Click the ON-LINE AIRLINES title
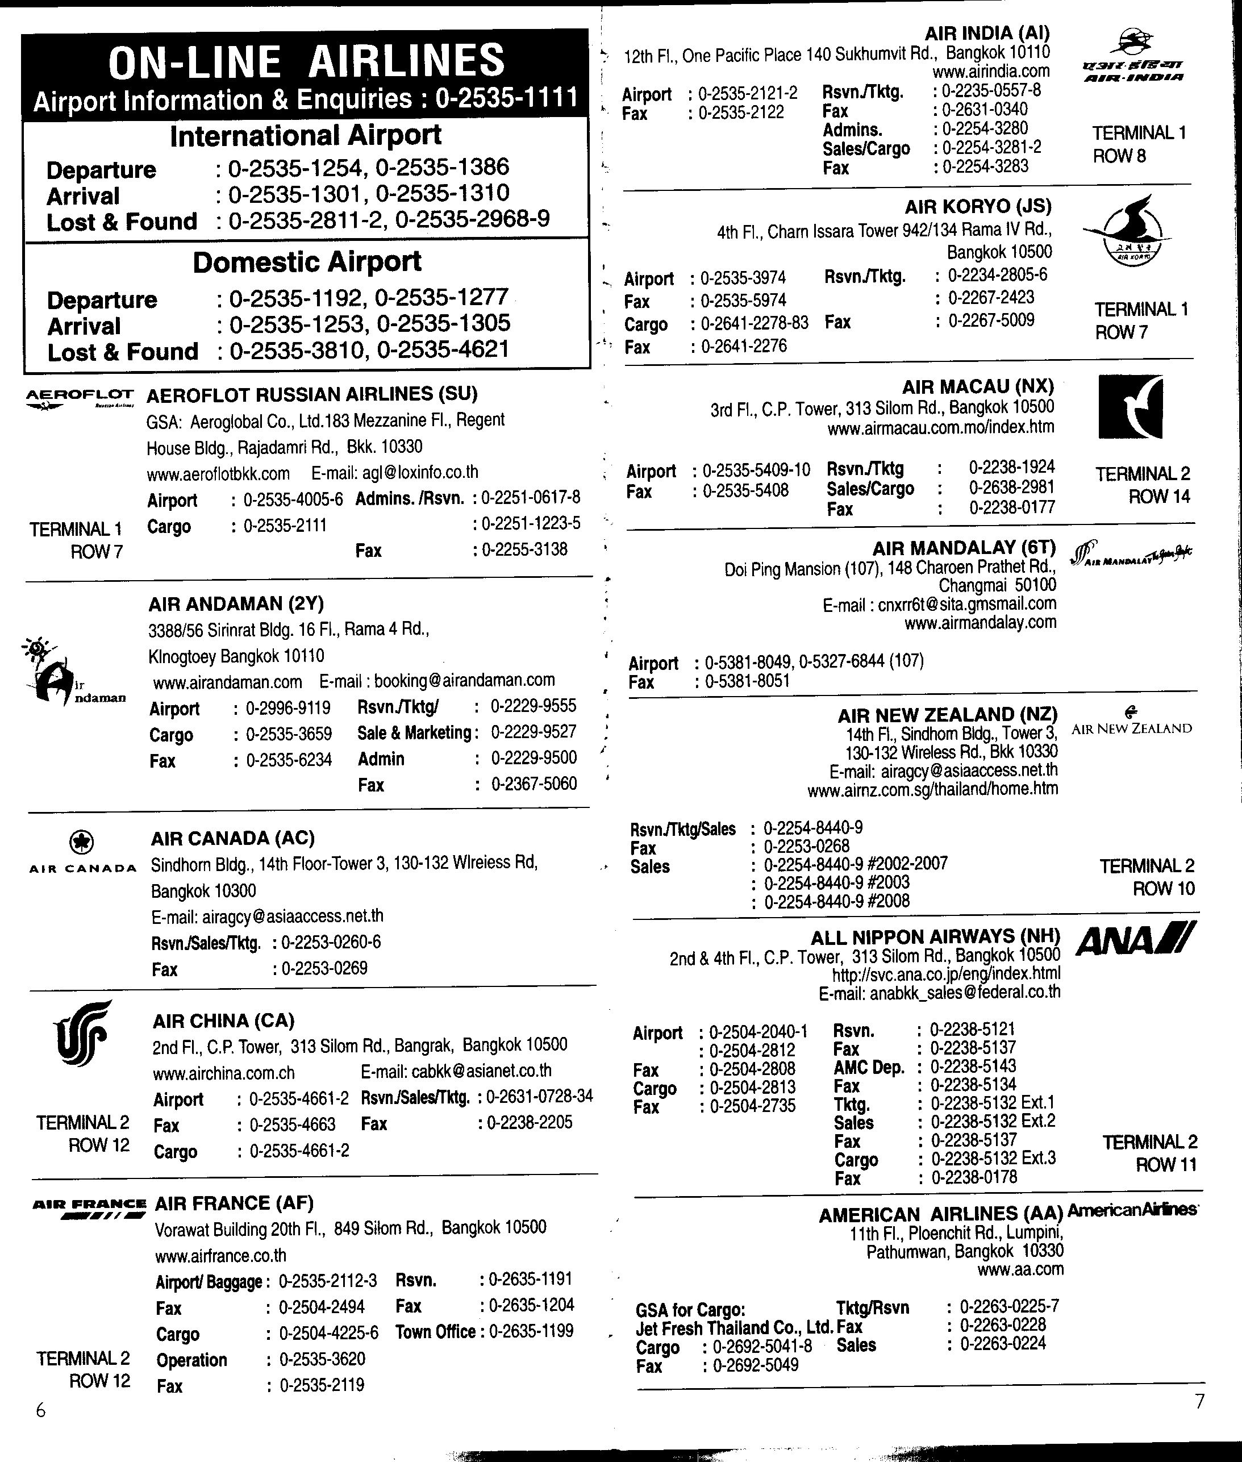pos(306,61)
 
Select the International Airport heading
pos(306,135)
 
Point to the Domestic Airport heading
pos(307,262)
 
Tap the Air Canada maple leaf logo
pos(82,842)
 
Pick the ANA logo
pos(1135,939)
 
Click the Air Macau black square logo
pos(1130,406)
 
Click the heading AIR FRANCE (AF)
pos(234,1202)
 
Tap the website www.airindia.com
pos(991,71)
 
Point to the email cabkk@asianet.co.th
pos(456,1071)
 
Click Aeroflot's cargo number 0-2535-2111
pos(285,526)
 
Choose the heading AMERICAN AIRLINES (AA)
pos(940,1213)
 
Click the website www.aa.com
pos(1020,1269)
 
